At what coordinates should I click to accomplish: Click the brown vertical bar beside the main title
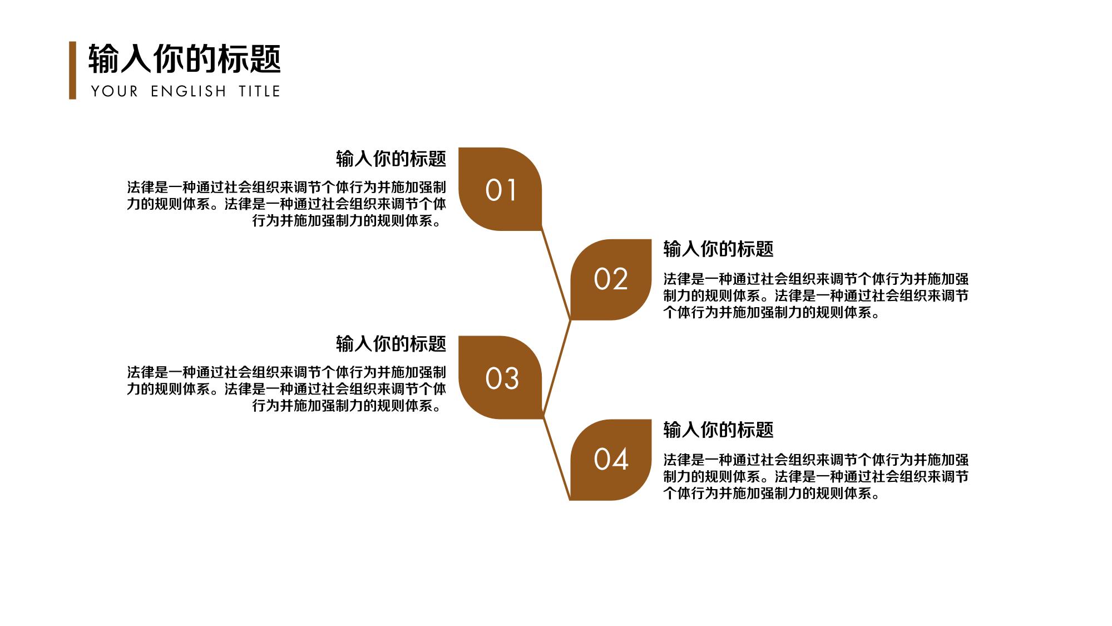click(x=72, y=70)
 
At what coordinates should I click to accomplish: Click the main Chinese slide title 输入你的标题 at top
click(x=185, y=59)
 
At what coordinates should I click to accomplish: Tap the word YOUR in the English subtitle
click(x=115, y=91)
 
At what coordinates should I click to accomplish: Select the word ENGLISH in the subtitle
click(x=189, y=91)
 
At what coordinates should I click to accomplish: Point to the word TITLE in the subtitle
click(x=259, y=91)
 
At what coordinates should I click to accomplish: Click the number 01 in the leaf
click(x=501, y=190)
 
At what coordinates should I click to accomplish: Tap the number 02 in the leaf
click(x=611, y=279)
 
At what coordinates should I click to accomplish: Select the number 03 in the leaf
click(x=502, y=379)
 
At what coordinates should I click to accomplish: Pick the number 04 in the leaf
click(x=611, y=460)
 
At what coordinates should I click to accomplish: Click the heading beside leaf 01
click(x=391, y=159)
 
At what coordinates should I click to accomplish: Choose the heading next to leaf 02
click(x=718, y=249)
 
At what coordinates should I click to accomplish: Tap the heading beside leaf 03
click(x=391, y=344)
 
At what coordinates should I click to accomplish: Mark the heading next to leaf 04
click(x=718, y=430)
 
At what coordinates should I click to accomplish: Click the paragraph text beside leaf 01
click(x=286, y=204)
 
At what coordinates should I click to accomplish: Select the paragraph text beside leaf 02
click(x=816, y=296)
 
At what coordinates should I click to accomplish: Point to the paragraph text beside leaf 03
click(x=286, y=389)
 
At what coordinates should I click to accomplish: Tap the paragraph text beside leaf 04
click(x=816, y=477)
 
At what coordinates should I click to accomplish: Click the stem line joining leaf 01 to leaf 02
click(x=556, y=275)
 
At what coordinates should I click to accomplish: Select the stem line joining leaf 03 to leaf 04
click(x=556, y=459)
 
